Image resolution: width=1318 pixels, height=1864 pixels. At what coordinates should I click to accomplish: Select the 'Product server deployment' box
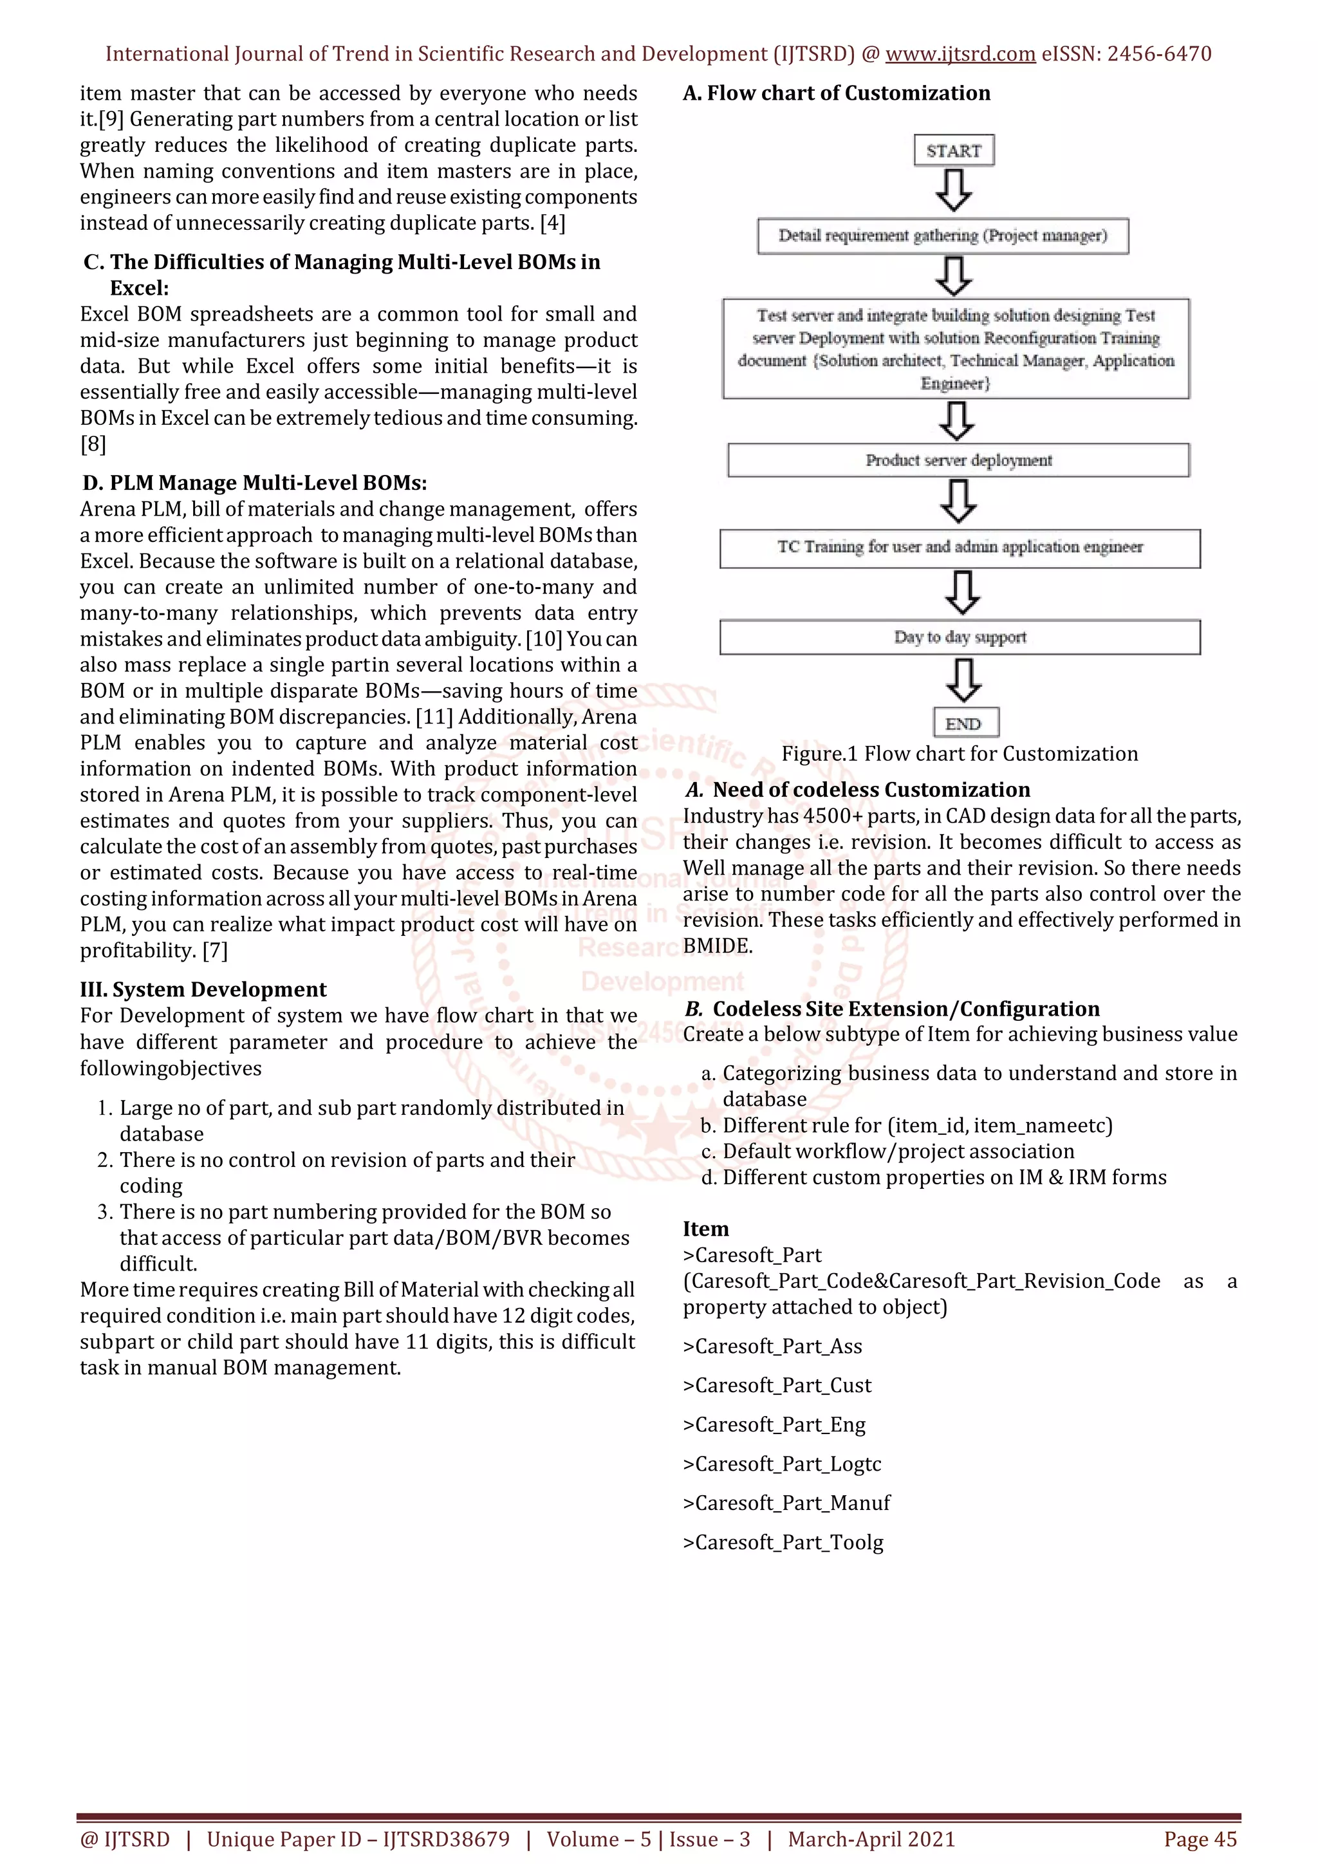(958, 460)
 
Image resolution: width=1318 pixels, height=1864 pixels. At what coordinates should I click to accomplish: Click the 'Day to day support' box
(960, 637)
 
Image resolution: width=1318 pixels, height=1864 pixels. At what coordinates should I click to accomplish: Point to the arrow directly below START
(954, 191)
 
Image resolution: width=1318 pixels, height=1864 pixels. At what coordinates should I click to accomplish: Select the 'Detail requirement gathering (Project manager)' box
(942, 236)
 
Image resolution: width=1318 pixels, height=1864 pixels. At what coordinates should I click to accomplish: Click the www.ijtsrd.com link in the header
(960, 55)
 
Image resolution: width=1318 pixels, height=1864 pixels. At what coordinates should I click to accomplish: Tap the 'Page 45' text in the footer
(1200, 1839)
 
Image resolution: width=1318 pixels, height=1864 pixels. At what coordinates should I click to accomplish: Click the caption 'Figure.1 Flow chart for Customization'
(960, 754)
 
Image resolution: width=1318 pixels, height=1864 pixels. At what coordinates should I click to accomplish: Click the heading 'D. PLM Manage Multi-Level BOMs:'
(255, 483)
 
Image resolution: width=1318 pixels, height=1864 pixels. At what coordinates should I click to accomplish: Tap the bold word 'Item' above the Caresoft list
(705, 1229)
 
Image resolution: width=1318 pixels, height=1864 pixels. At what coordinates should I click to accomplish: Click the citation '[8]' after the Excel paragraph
(93, 444)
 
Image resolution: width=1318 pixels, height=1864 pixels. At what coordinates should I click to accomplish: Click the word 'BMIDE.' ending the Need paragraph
(718, 946)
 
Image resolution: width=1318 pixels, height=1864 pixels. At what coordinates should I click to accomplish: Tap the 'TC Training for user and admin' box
(960, 548)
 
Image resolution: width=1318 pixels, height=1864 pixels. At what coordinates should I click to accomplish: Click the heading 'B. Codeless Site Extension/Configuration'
(891, 1009)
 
